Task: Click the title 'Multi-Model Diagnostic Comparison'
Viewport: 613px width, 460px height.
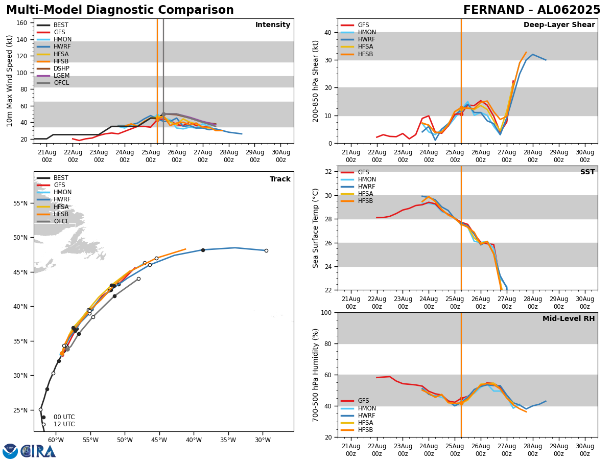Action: pos(120,10)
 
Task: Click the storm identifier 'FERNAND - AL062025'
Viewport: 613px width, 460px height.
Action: pos(531,10)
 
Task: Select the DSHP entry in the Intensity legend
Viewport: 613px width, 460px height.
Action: pos(61,68)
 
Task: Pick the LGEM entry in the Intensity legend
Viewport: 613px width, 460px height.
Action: pos(61,76)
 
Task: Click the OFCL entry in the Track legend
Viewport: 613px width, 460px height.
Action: pos(61,221)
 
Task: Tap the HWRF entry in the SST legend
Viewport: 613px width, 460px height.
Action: pos(366,187)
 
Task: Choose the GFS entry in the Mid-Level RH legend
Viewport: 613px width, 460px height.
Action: pos(363,401)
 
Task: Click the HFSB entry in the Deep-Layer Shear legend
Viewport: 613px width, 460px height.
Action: pos(365,54)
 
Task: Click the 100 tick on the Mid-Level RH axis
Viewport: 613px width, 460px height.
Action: pos(326,312)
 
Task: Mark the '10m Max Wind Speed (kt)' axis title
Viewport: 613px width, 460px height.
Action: pos(10,81)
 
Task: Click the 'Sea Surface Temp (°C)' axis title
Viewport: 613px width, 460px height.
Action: pos(316,228)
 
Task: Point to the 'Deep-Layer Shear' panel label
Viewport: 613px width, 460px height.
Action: pos(559,25)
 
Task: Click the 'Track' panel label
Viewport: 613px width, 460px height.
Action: pos(280,179)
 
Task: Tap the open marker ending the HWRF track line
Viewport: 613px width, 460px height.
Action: pos(266,250)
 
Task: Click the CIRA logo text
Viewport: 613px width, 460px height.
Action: pos(39,451)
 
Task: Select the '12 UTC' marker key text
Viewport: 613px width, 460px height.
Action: pos(64,424)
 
